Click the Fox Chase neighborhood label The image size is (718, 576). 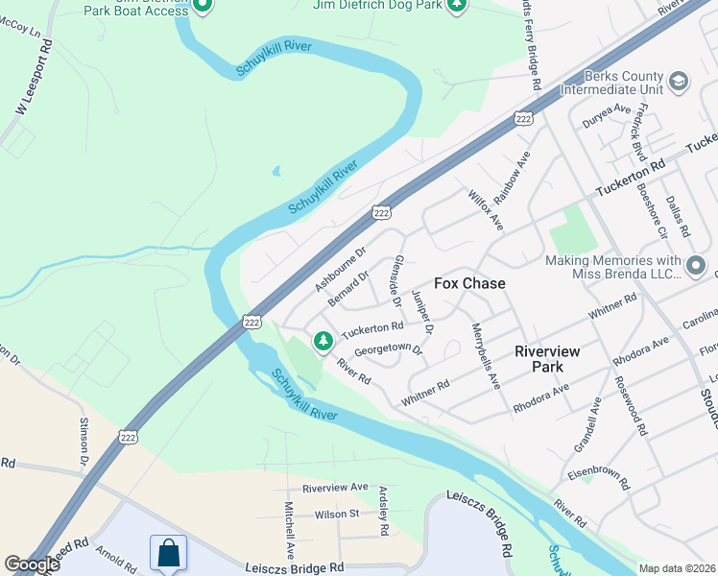[469, 284]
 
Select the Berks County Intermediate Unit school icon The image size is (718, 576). [679, 81]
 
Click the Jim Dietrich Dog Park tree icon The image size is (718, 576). [458, 6]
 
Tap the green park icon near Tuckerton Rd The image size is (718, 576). [323, 340]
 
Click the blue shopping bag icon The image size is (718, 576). [169, 553]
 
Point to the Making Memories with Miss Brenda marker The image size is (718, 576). [697, 263]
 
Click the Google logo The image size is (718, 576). [33, 564]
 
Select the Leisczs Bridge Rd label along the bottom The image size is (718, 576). [294, 567]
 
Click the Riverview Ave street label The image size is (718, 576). [335, 488]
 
